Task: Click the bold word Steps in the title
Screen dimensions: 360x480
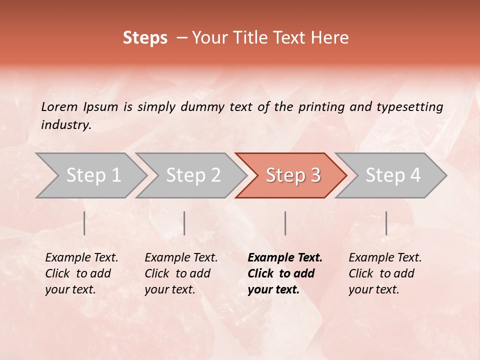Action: [145, 38]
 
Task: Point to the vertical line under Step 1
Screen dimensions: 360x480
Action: [84, 223]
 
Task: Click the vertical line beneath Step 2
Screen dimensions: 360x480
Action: [184, 223]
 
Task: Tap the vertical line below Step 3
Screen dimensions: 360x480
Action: [285, 223]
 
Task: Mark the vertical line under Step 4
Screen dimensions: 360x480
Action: [386, 223]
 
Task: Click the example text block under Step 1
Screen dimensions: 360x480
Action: [81, 273]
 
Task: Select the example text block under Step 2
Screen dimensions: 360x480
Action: [181, 273]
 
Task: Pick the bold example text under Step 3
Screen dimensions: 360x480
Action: [285, 273]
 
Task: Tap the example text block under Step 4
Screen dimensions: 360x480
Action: [385, 273]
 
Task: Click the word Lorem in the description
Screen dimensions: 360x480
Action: [59, 106]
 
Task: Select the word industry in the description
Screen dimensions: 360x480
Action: [66, 125]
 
